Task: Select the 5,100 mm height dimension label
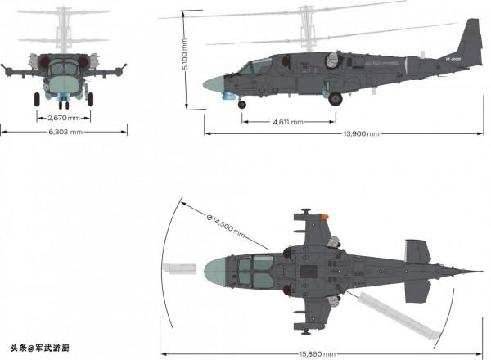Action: (x=186, y=60)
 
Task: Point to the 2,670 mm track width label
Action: (x=63, y=115)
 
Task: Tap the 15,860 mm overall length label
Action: (x=318, y=353)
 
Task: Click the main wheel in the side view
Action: (x=336, y=98)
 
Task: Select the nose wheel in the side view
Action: (x=241, y=103)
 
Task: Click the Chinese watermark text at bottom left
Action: (x=40, y=347)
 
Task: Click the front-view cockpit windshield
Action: (x=63, y=69)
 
